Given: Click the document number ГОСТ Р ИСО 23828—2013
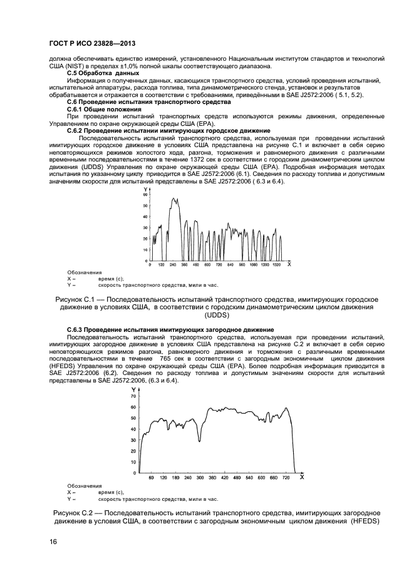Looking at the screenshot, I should click(x=92, y=43).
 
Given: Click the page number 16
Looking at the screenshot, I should click(x=53, y=542).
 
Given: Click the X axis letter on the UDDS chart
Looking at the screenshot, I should click(x=289, y=264).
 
